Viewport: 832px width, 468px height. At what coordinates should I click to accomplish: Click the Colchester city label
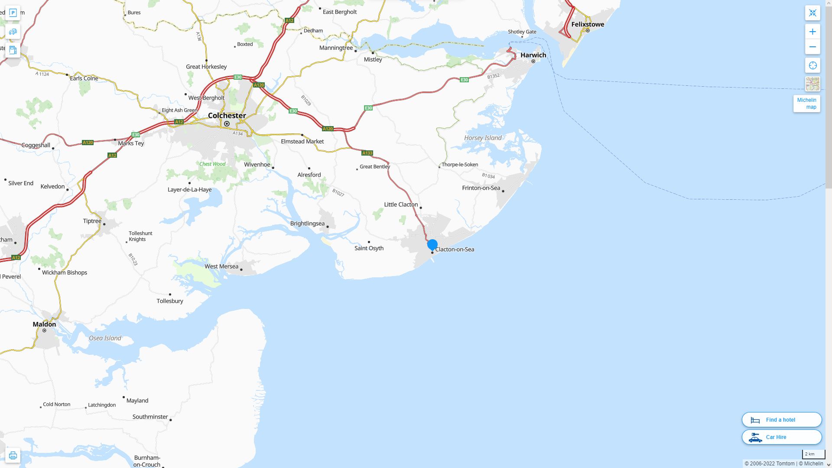pyautogui.click(x=227, y=116)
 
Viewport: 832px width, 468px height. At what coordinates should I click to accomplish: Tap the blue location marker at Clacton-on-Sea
pyautogui.click(x=432, y=245)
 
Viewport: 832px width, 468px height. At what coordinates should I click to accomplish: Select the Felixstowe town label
pyautogui.click(x=587, y=24)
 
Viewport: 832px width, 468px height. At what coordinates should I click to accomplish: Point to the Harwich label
pyautogui.click(x=533, y=55)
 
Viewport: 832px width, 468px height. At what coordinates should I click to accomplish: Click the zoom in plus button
pyautogui.click(x=812, y=32)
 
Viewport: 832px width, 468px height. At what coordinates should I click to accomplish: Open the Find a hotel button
pyautogui.click(x=781, y=420)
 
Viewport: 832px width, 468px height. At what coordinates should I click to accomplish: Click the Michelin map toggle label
pyautogui.click(x=806, y=104)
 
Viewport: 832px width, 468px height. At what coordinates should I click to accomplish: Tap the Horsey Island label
pyautogui.click(x=483, y=138)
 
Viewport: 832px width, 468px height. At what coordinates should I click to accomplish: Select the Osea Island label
pyautogui.click(x=105, y=338)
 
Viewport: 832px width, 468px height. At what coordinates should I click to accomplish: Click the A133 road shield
pyautogui.click(x=367, y=153)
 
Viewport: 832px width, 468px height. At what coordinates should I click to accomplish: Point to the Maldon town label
pyautogui.click(x=44, y=324)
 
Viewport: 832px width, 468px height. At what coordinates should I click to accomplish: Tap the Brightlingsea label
pyautogui.click(x=307, y=224)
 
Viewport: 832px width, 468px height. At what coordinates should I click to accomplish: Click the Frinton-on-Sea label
pyautogui.click(x=481, y=188)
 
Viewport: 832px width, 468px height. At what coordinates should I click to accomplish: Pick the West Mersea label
pyautogui.click(x=221, y=266)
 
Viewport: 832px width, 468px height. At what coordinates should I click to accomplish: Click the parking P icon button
pyautogui.click(x=13, y=13)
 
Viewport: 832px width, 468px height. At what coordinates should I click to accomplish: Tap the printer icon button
pyautogui.click(x=13, y=455)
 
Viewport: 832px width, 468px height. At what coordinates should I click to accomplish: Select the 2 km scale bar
pyautogui.click(x=813, y=455)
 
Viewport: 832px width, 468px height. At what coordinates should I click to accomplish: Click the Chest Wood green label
pyautogui.click(x=212, y=164)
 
